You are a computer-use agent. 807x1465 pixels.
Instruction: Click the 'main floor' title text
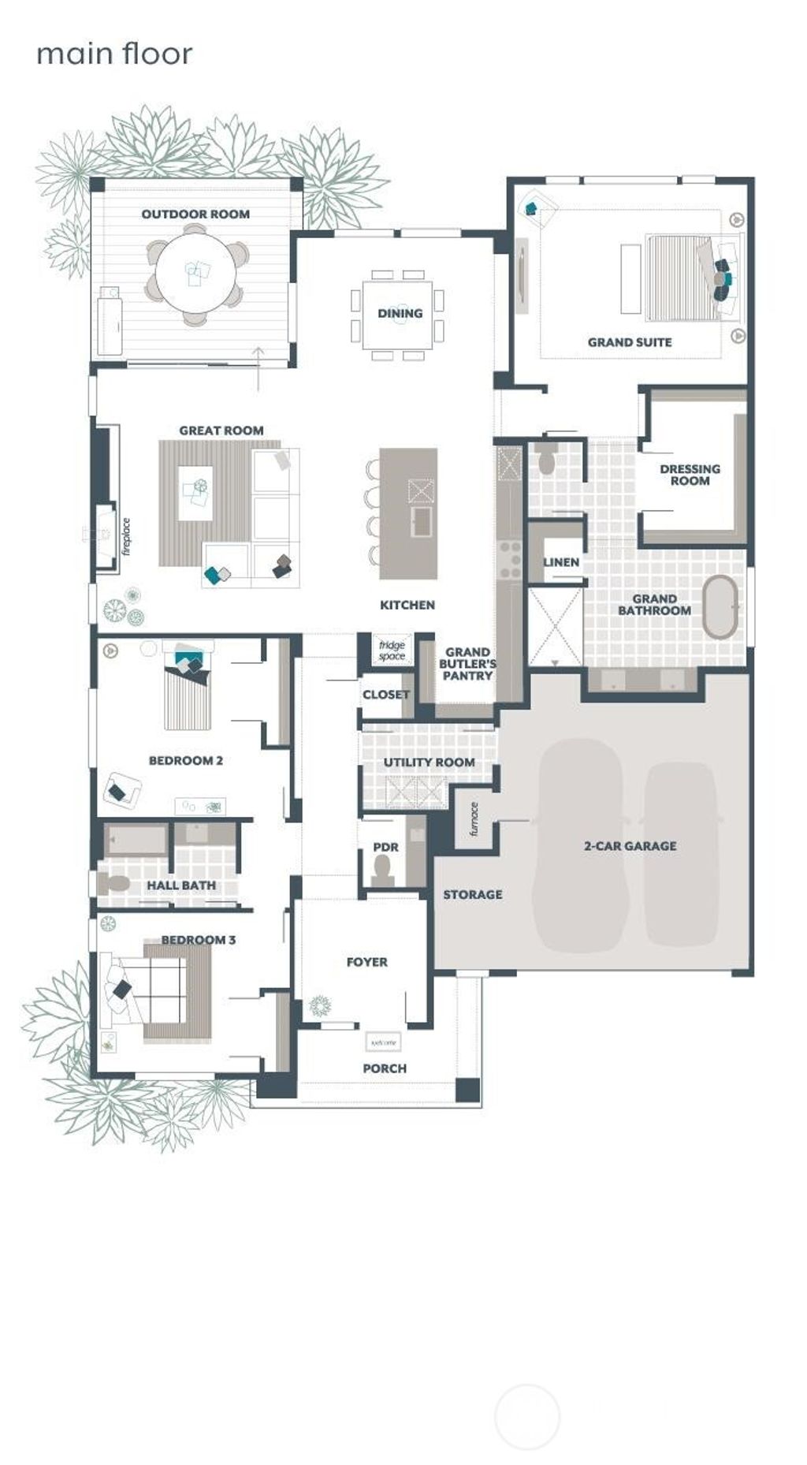(114, 54)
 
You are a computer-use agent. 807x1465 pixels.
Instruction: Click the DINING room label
(400, 313)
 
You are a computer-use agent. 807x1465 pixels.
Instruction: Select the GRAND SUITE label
(630, 342)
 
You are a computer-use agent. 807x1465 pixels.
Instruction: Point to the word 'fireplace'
(126, 537)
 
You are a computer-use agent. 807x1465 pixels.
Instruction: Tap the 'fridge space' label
(392, 650)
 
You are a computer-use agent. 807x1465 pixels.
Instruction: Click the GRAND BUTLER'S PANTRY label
(467, 664)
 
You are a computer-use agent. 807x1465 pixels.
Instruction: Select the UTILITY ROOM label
(429, 762)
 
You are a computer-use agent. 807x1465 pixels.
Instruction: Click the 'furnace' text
(474, 819)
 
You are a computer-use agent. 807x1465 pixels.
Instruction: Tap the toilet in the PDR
(383, 870)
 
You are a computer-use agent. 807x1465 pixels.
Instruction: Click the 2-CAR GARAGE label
(630, 846)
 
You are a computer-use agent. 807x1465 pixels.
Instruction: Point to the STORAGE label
(472, 894)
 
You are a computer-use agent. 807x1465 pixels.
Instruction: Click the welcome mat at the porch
(383, 1042)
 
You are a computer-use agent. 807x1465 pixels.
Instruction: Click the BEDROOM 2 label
(185, 761)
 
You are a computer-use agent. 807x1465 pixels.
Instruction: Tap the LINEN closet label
(561, 562)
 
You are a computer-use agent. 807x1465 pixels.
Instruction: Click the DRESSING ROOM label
(690, 475)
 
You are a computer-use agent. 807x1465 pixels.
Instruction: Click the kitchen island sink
(421, 521)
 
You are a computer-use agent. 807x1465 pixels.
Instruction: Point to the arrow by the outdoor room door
(258, 367)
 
